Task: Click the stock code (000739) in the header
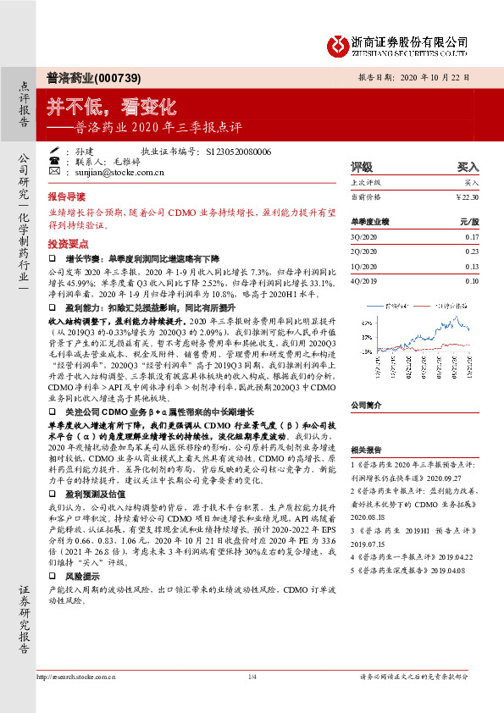(x=105, y=75)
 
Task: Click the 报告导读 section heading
(x=66, y=194)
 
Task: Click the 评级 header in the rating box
(x=362, y=168)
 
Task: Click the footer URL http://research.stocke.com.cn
(x=83, y=699)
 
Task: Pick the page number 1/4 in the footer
(x=252, y=699)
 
